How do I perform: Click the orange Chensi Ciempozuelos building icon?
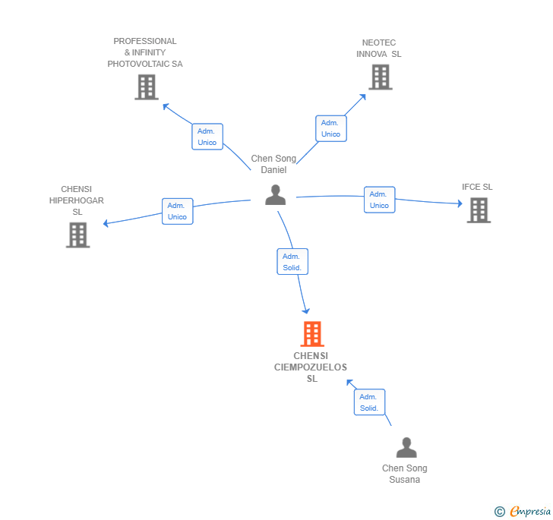coord(311,334)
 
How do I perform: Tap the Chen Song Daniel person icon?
coord(275,195)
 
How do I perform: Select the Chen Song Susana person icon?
coord(406,448)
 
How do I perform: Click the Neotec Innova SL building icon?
coord(380,77)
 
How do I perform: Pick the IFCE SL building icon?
coord(478,210)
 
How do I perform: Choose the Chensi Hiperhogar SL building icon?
coord(77,235)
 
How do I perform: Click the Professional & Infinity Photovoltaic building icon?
coord(146,87)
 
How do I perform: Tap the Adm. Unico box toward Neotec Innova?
coord(330,128)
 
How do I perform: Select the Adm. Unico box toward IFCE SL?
coord(379,200)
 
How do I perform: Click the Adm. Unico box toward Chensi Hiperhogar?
coord(177,211)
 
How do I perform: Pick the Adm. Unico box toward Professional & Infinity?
coord(207,137)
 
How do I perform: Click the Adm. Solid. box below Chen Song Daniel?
coord(292,262)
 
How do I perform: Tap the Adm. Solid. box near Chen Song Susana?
coord(369,402)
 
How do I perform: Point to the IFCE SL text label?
coord(477,187)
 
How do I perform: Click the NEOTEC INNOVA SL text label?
coord(379,49)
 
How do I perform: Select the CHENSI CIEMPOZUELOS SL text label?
coord(311,367)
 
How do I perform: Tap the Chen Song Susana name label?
coord(404,474)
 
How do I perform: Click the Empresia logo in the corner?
coord(530,512)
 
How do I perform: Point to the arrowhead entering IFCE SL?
coord(459,203)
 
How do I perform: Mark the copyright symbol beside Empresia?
coord(500,512)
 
